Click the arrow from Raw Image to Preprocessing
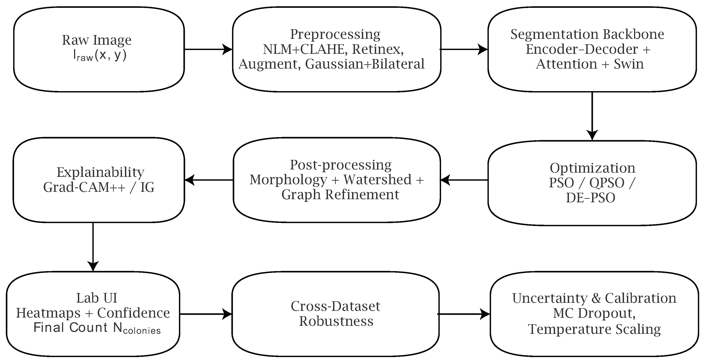208,50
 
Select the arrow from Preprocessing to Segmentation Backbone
464,50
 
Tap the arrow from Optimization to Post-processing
464,180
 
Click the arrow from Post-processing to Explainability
209,180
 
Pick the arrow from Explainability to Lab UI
93,247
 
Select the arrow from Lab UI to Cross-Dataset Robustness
206,314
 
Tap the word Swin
629,64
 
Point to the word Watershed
377,180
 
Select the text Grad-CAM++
84,188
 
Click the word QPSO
607,183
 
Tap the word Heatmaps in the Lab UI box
48,313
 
